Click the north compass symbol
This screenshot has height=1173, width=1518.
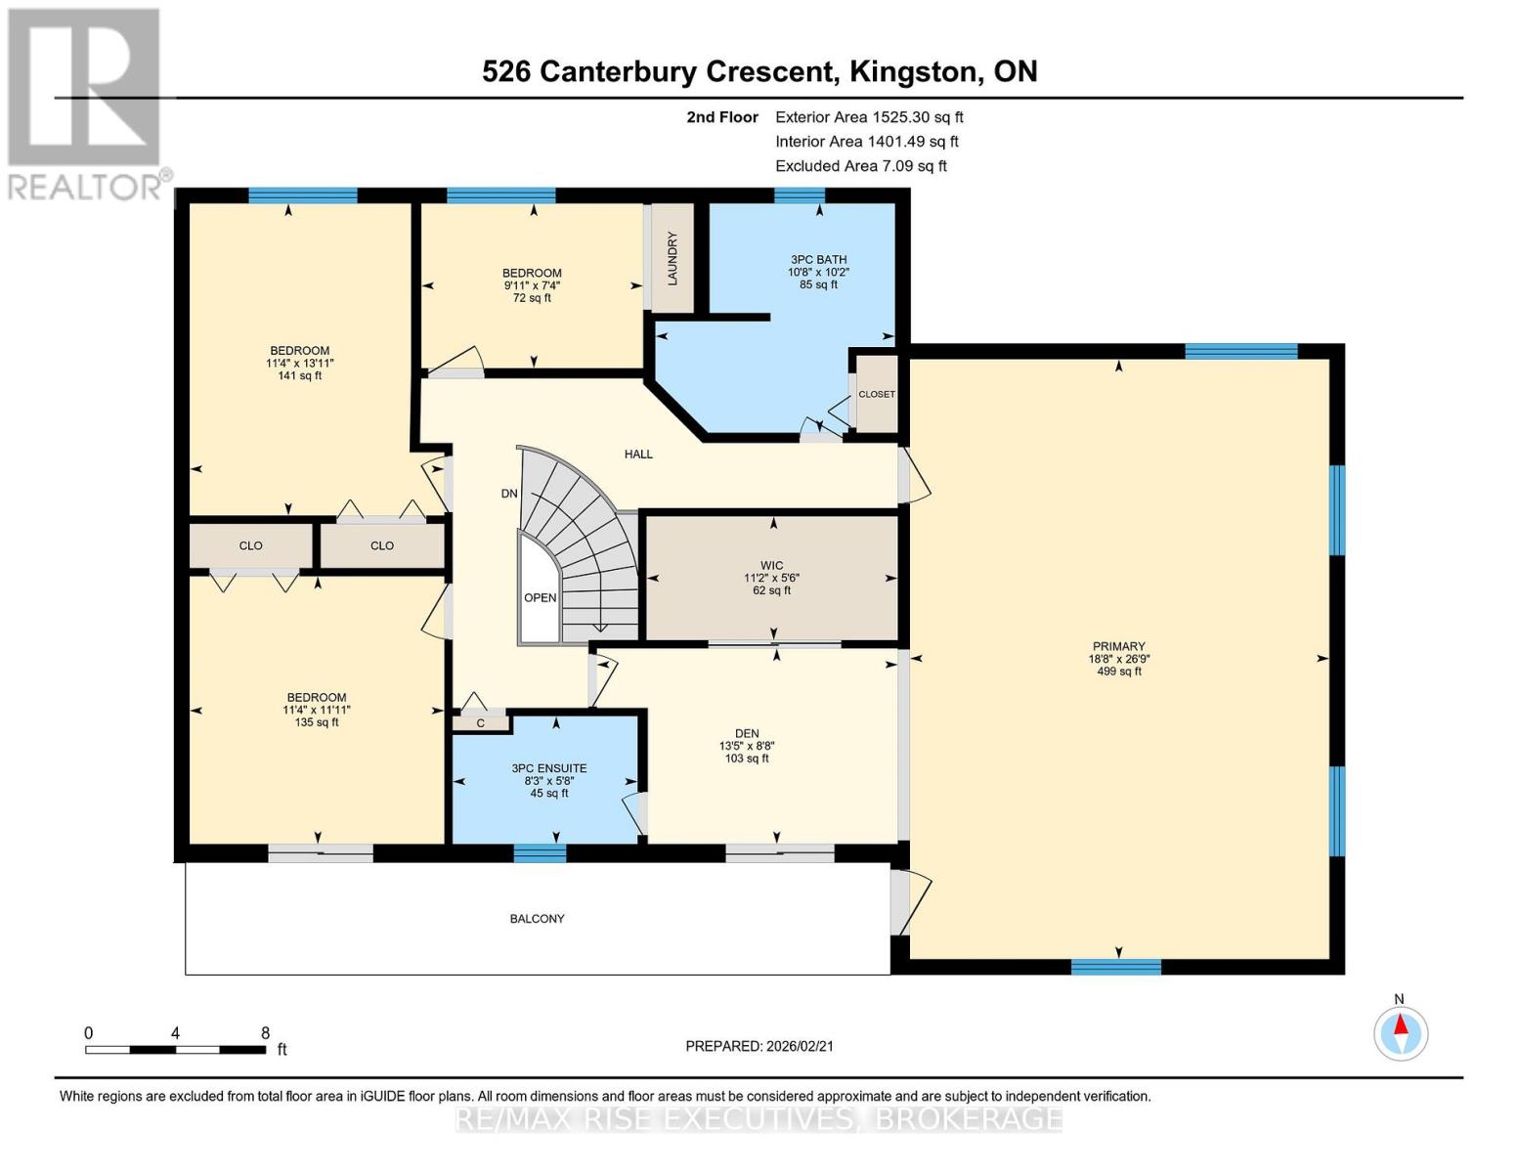point(1401,1032)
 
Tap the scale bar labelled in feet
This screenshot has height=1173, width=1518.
point(175,1050)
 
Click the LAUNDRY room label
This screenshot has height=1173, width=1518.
point(672,258)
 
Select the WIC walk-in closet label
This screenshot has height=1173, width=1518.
point(771,565)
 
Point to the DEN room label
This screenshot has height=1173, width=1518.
point(747,733)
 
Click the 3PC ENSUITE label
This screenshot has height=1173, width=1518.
point(548,768)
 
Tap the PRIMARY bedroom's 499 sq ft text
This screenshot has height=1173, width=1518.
point(1119,672)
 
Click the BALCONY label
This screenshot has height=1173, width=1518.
point(537,919)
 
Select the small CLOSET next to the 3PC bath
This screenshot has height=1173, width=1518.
point(877,394)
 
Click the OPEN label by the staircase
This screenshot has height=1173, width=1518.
point(540,598)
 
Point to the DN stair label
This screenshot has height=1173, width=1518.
point(508,494)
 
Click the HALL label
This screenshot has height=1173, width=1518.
point(638,455)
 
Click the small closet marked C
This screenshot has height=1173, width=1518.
point(481,723)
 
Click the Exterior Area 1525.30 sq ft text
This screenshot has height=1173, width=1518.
point(869,117)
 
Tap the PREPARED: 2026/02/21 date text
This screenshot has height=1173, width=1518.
point(759,1046)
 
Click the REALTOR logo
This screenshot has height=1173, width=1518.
point(84,103)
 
